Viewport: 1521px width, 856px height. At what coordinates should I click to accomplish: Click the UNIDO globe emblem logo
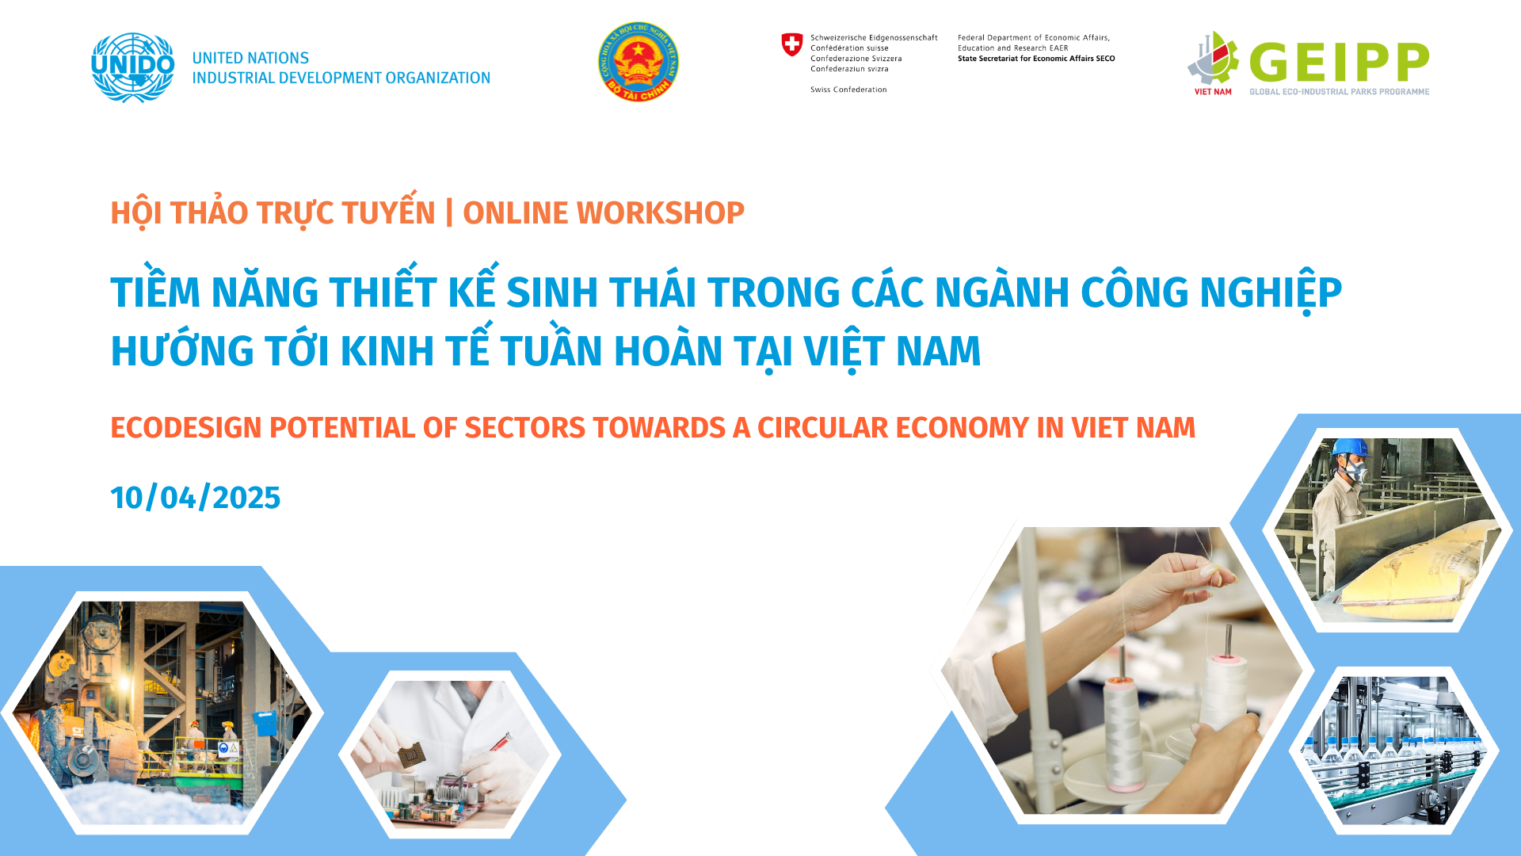click(132, 67)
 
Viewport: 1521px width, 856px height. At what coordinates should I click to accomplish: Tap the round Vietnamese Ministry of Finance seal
click(639, 62)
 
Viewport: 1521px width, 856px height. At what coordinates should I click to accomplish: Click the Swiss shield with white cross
click(792, 44)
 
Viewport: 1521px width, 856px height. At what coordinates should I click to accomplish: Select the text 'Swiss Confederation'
click(848, 90)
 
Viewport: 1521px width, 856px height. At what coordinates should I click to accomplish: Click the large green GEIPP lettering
click(1340, 63)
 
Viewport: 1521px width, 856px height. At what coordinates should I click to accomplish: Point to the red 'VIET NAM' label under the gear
click(1213, 92)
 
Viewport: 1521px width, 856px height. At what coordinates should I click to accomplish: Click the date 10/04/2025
click(196, 498)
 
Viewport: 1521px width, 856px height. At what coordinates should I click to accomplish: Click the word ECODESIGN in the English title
click(186, 428)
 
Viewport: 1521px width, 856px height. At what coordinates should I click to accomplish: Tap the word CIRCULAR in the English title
click(822, 428)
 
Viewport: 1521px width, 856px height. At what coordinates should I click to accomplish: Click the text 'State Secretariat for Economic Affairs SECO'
click(1036, 59)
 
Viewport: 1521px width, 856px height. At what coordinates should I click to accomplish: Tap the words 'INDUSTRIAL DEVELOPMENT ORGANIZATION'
click(341, 78)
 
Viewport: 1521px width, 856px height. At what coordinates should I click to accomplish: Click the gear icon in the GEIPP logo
click(1213, 59)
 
